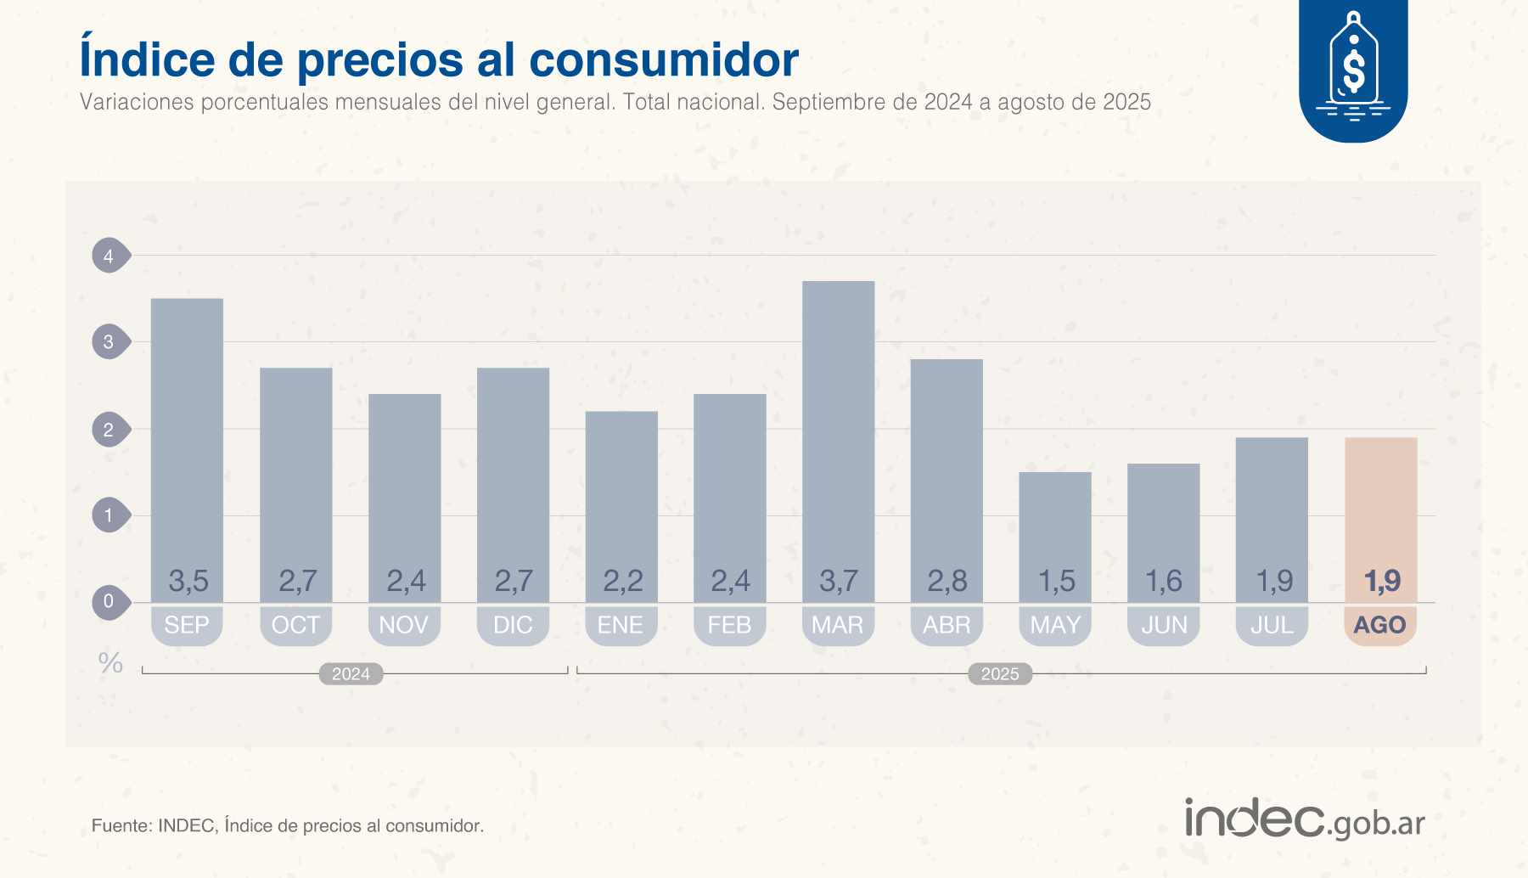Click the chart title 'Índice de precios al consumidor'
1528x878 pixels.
tap(438, 59)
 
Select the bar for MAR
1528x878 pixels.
tap(838, 425)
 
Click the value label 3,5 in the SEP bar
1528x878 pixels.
tap(188, 582)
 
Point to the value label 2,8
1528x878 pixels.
tap(947, 582)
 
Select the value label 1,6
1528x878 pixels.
tap(1163, 582)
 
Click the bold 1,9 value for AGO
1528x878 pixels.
tap(1381, 582)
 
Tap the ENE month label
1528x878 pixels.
tap(621, 625)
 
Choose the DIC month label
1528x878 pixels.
tap(513, 625)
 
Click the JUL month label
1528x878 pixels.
tap(1272, 625)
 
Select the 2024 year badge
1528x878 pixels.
tap(351, 674)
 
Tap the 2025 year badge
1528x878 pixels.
tap(1000, 674)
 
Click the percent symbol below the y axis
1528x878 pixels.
tap(110, 663)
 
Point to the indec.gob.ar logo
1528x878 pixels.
tap(1305, 819)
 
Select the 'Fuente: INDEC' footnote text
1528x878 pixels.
tap(287, 825)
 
